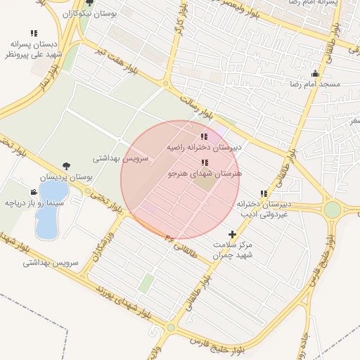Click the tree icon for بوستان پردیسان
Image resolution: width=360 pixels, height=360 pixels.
click(66, 166)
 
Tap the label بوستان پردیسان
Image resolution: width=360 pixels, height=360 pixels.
click(66, 177)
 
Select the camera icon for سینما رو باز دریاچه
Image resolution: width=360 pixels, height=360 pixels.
click(34, 192)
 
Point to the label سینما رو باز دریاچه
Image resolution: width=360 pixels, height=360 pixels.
click(34, 202)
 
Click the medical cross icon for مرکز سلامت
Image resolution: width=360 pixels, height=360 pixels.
click(233, 233)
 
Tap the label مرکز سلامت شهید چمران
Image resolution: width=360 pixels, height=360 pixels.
click(233, 250)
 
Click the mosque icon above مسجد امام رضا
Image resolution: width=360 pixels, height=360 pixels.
click(314, 73)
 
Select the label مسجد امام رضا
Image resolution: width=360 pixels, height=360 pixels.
click(314, 84)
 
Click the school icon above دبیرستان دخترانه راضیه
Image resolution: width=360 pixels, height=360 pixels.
click(204, 136)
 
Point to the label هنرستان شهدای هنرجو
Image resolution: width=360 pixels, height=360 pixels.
click(205, 172)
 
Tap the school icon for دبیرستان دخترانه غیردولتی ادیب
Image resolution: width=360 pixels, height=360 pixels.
click(264, 193)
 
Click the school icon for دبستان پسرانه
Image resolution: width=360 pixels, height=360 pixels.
click(34, 33)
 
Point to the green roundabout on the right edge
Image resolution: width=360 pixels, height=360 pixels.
click(333, 210)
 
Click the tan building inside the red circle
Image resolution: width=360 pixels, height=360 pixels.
click(205, 183)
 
